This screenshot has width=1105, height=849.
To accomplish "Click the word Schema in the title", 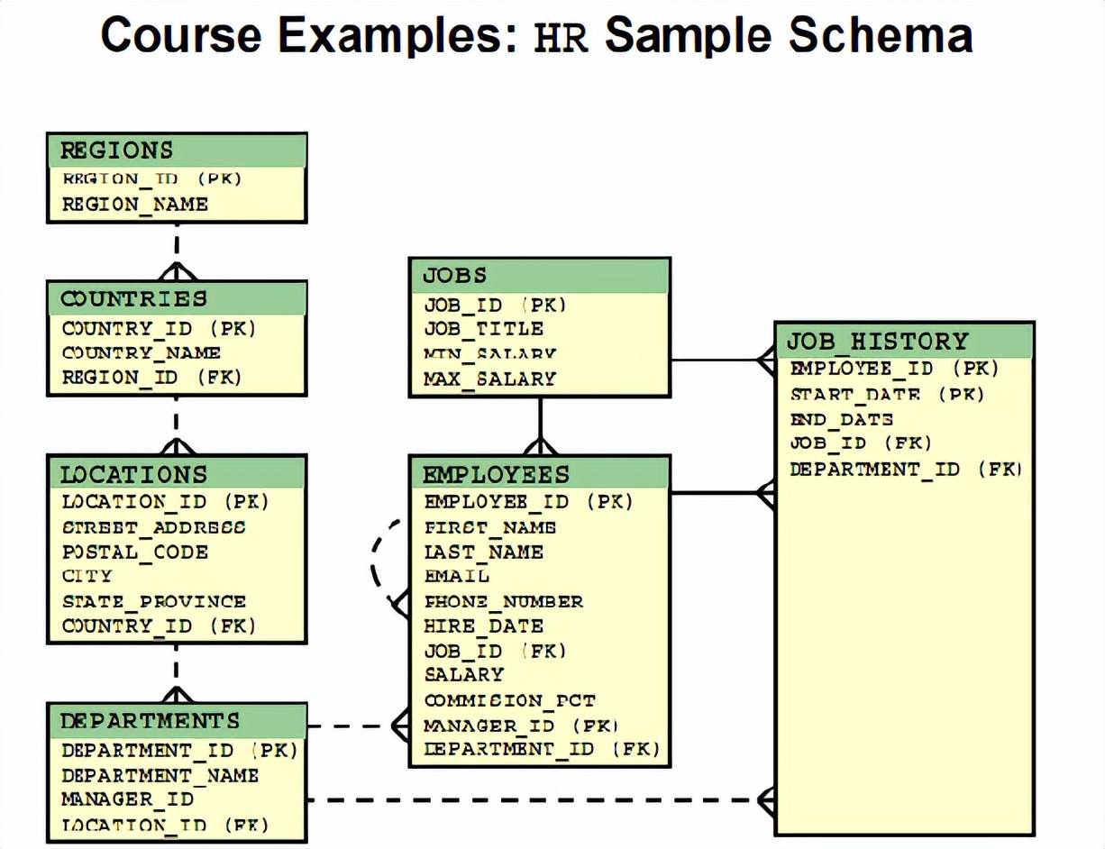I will pos(878,36).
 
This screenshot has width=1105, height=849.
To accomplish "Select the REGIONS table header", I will pos(117,150).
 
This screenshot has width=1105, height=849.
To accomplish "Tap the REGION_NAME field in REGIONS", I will pos(135,205).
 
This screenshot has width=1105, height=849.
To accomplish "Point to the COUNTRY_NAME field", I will pos(142,353).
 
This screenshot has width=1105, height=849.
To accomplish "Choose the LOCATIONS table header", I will pos(133,473).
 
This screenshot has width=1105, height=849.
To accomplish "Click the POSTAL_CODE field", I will pos(135,552).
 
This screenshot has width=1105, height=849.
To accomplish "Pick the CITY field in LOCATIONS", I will pos(87,576).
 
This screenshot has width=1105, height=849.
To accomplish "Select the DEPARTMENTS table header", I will pos(151,721).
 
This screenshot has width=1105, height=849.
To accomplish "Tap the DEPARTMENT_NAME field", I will pos(160,775).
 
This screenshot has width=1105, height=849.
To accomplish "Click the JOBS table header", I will pos(455,275).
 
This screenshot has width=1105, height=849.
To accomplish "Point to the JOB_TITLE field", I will pos(484,329).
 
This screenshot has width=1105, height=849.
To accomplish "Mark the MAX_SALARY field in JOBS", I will pos(490,379).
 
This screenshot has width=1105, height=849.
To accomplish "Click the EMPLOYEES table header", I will pos(497,474).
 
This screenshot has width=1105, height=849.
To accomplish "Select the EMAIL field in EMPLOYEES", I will pos(457,576).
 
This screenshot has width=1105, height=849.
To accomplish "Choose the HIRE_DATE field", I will pos(484,625).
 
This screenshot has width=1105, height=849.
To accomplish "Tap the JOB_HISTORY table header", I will pos(877,341).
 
